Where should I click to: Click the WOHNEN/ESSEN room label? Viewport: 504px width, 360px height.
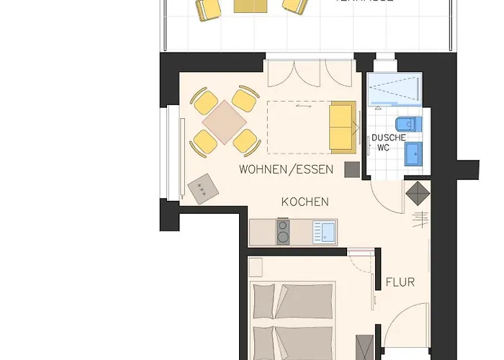286,170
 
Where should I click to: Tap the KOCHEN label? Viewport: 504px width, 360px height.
305,202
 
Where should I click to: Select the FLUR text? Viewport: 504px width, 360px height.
400,282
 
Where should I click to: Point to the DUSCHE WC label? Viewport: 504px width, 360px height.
388,143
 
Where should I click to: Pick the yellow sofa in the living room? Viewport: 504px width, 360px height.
343,127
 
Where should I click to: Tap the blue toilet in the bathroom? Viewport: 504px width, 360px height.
408,124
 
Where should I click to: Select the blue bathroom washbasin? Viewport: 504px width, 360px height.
413,154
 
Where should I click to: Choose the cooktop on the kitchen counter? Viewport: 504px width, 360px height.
283,233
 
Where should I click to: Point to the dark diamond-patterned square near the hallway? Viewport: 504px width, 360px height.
417,193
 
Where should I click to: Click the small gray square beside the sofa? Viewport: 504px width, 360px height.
351,169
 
